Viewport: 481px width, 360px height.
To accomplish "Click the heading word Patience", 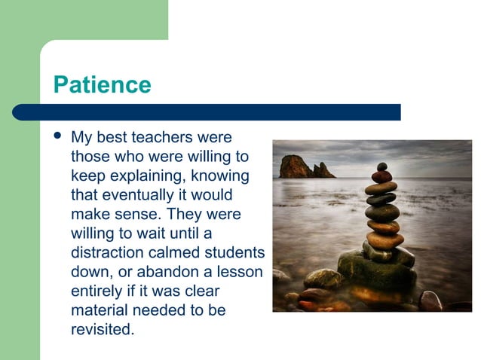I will [x=102, y=84].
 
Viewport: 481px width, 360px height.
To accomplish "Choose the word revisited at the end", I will [x=102, y=329].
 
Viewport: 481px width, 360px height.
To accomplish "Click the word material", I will [x=99, y=310].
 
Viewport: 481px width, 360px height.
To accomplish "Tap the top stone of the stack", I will [x=382, y=166].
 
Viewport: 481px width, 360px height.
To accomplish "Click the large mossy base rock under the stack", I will [x=375, y=269].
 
